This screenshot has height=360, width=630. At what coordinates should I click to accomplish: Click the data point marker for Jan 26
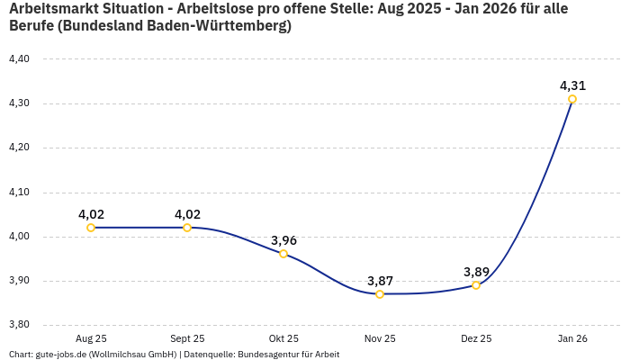pyautogui.click(x=572, y=99)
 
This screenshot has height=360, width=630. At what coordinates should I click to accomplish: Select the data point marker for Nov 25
pyautogui.click(x=380, y=294)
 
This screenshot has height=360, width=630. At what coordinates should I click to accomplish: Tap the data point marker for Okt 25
pyautogui.click(x=283, y=254)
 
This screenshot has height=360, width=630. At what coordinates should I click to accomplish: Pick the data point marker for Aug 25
pyautogui.click(x=91, y=228)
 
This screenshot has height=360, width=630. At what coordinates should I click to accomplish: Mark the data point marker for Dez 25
pyautogui.click(x=476, y=285)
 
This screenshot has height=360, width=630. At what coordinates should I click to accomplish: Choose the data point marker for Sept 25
pyautogui.click(x=187, y=228)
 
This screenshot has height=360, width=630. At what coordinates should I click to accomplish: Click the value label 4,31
pyautogui.click(x=572, y=86)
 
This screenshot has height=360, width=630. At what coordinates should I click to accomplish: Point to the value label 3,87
pyautogui.click(x=380, y=281)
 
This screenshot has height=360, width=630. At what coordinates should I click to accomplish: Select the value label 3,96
pyautogui.click(x=283, y=240)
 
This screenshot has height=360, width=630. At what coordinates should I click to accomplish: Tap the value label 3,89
pyautogui.click(x=476, y=272)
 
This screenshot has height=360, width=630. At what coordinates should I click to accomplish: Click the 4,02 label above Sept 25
pyautogui.click(x=187, y=214)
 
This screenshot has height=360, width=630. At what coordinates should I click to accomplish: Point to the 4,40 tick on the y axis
pyautogui.click(x=19, y=59)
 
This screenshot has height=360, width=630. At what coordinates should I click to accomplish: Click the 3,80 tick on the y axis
pyautogui.click(x=19, y=325)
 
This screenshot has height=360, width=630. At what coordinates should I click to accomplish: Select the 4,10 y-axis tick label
pyautogui.click(x=19, y=193)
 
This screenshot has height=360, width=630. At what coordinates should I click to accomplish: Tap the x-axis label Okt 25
pyautogui.click(x=283, y=338)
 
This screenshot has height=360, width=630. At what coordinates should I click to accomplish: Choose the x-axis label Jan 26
pyautogui.click(x=572, y=338)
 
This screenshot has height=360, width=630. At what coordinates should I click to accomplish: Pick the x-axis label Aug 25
pyautogui.click(x=91, y=338)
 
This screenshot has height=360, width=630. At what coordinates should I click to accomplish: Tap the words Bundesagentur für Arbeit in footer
pyautogui.click(x=288, y=355)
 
